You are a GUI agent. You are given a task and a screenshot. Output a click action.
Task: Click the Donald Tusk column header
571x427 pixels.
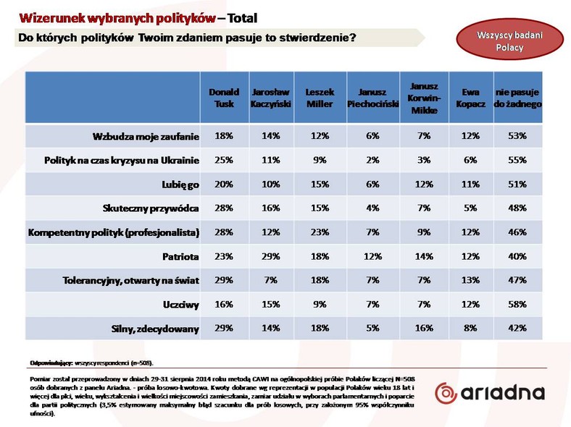[x=224, y=98]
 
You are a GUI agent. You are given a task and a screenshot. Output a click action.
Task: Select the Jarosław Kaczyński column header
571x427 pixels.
[x=271, y=98]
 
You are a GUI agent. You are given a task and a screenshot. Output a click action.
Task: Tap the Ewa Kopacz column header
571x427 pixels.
[x=470, y=98]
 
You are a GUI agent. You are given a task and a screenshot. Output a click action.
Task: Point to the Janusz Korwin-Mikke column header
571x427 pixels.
[x=424, y=98]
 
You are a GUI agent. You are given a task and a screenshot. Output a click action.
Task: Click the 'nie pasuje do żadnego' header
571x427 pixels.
[x=517, y=98]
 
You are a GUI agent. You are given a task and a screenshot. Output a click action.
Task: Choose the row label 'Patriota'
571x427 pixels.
[x=180, y=256]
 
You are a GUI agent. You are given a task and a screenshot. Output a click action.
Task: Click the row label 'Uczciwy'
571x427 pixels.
[x=181, y=305]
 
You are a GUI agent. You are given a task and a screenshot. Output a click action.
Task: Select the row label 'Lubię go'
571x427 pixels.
[x=180, y=185]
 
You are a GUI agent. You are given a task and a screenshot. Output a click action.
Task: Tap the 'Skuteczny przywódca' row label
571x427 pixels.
[x=151, y=208]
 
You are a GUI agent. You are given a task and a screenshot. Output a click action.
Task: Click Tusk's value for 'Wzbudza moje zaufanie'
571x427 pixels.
[x=224, y=135]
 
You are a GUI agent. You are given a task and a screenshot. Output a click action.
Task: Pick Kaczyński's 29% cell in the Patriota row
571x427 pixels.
[x=271, y=256]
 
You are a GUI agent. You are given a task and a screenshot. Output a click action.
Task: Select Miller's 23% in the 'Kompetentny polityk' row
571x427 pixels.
[x=320, y=232]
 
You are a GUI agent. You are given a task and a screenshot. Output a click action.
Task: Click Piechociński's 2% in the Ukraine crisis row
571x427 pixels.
[x=373, y=160]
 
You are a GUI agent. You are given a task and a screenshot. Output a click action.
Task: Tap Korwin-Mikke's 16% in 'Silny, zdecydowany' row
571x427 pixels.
[x=424, y=328]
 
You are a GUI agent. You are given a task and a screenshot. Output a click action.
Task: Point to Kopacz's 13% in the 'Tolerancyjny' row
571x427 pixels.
[x=470, y=280]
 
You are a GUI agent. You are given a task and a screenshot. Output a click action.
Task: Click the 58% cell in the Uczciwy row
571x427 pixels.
[x=517, y=304]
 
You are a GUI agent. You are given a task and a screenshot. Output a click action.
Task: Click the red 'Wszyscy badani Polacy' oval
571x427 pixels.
[x=510, y=39]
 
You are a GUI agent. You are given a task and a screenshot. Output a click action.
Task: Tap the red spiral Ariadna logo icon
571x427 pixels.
[x=446, y=393]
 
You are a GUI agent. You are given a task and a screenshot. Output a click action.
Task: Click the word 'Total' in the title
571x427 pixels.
[x=242, y=18]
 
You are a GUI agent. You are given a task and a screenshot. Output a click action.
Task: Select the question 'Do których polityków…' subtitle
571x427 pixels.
[x=187, y=38]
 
